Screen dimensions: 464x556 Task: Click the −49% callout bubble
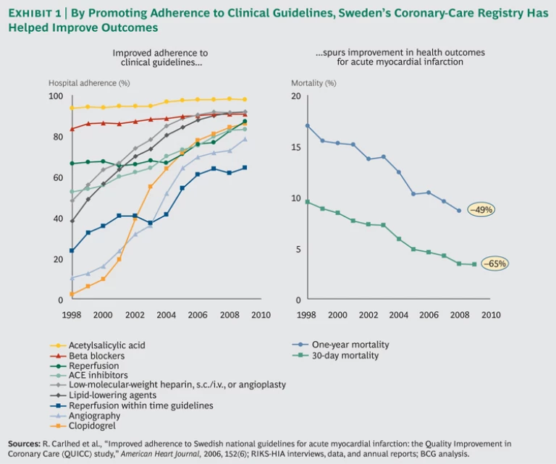[x=481, y=210]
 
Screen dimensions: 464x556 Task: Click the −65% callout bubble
[x=494, y=263]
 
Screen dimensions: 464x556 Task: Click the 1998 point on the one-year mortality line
[x=307, y=126]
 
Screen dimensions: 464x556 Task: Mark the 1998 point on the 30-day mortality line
[x=307, y=202]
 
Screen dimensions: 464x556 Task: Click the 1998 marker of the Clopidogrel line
[x=72, y=294]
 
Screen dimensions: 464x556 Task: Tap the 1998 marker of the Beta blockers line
[x=72, y=129]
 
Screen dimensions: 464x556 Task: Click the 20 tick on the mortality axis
[x=295, y=96]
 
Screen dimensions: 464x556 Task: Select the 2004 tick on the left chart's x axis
[x=166, y=315]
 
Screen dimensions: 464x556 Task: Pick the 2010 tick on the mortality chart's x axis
[x=491, y=315]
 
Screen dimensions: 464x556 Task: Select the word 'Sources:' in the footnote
[x=25, y=442]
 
